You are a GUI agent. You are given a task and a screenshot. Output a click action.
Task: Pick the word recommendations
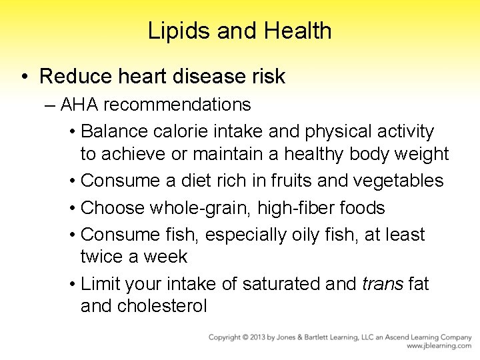click(x=177, y=105)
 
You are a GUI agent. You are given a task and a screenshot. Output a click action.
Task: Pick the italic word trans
click(x=382, y=284)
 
